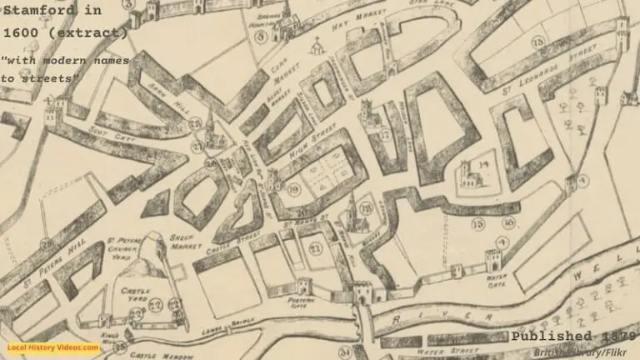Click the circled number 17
(x=384, y=133)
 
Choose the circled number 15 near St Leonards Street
(x=538, y=42)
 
